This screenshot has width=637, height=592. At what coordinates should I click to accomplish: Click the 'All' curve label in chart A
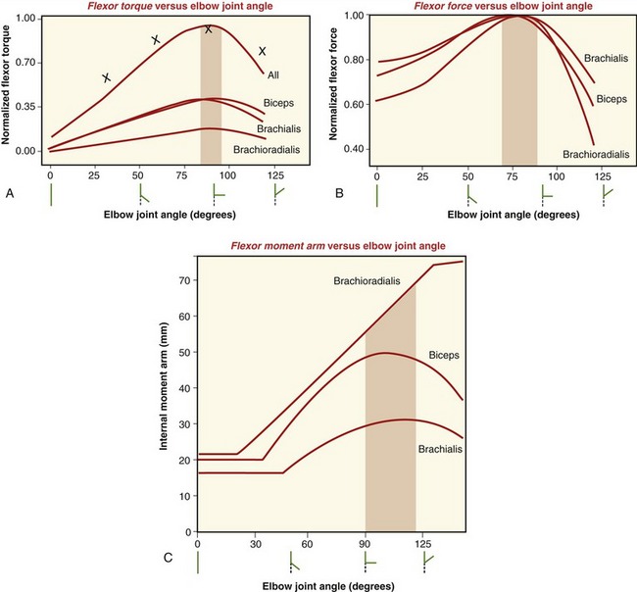click(x=271, y=74)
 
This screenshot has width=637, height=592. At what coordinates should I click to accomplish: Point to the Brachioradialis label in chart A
click(x=268, y=149)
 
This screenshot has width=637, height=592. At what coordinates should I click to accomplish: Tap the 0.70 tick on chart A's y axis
click(x=25, y=62)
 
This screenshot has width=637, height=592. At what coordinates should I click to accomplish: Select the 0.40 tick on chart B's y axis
click(x=352, y=149)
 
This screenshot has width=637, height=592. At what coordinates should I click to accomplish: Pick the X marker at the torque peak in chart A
click(x=208, y=30)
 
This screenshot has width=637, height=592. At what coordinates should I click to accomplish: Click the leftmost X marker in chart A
click(x=106, y=77)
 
